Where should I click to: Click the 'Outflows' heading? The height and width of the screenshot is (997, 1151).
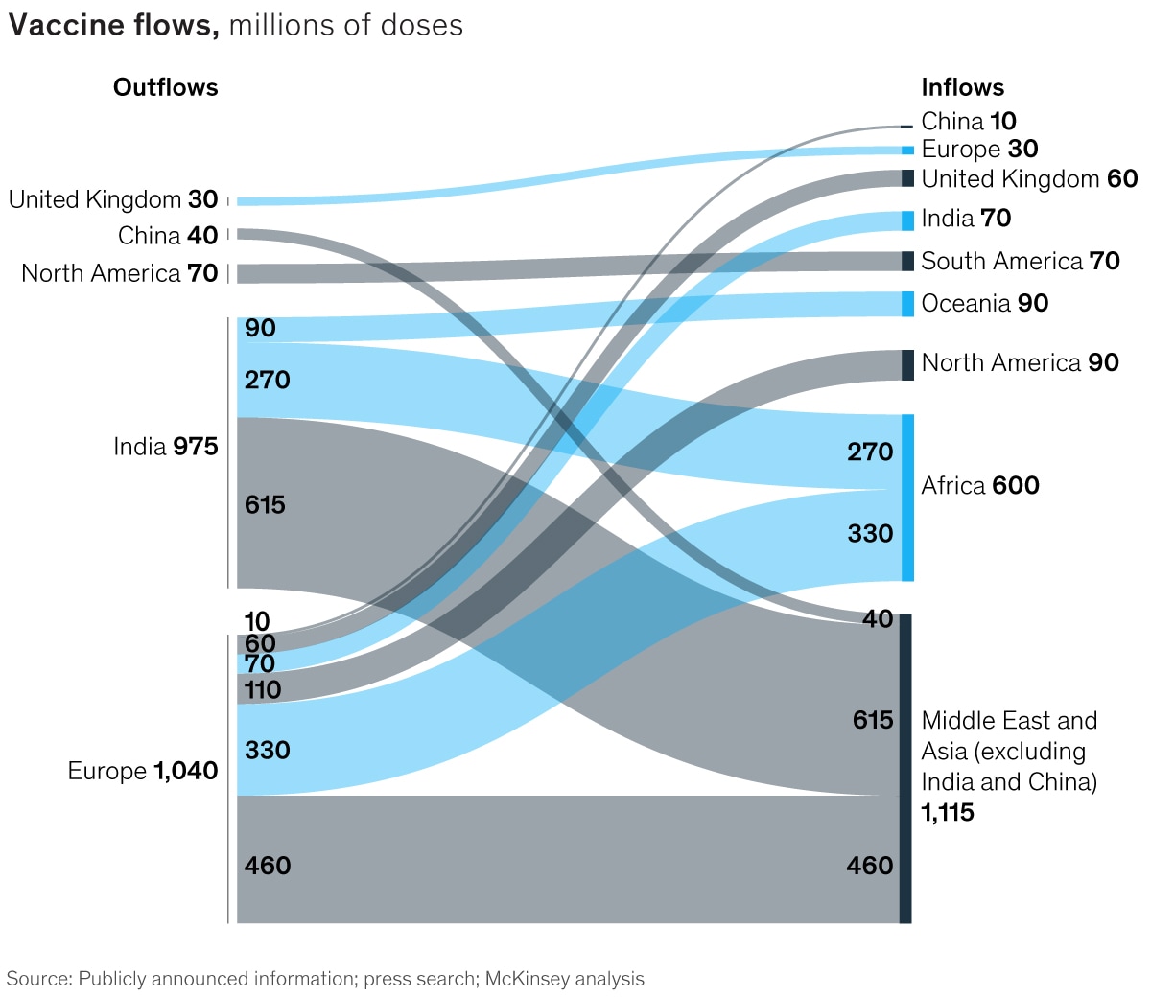coord(165,87)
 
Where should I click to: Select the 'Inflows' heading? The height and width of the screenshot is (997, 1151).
coord(962,87)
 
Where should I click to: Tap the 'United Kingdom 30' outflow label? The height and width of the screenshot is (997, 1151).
coord(113,199)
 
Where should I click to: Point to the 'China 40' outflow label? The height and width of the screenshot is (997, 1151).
coord(168,235)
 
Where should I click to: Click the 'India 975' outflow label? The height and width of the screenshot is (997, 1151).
coord(165,447)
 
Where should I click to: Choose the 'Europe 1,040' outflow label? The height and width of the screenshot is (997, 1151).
coord(142,771)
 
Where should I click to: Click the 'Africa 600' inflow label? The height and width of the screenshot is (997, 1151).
coord(979,485)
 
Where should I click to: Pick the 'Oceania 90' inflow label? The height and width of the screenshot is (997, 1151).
coord(984,303)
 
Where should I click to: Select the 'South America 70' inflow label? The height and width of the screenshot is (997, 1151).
coord(1020,261)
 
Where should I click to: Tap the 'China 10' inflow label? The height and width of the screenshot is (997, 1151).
coord(968,121)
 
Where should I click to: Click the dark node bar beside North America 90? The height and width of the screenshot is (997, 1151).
coord(907,365)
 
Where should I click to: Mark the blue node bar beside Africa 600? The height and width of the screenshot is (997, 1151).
coord(907,498)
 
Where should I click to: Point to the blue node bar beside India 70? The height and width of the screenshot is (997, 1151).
coord(907,220)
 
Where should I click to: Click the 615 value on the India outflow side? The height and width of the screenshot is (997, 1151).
coord(265,504)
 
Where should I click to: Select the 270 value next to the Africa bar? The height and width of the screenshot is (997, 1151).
coord(870,452)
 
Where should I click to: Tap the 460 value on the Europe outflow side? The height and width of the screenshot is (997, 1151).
coord(268,866)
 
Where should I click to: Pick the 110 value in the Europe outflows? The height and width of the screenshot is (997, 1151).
coord(263,689)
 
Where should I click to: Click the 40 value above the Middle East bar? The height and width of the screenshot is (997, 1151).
coord(878,619)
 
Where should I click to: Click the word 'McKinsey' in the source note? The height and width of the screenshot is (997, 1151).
coord(524,979)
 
